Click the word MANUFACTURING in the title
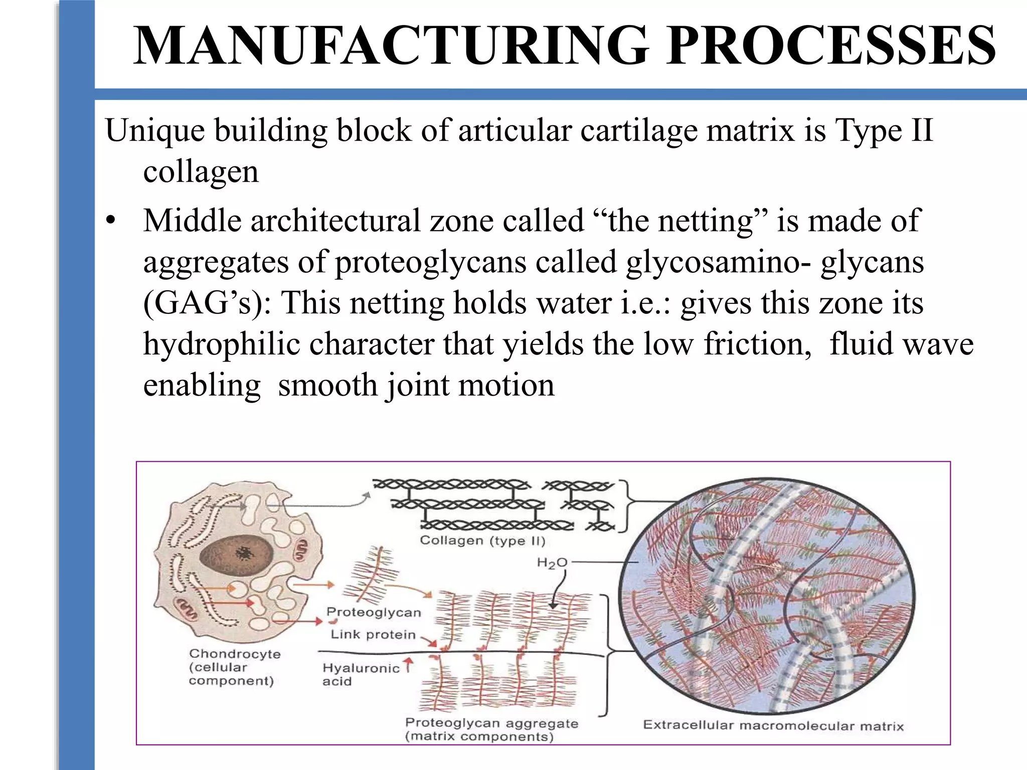pyautogui.click(x=391, y=46)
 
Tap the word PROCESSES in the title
pyautogui.click(x=830, y=46)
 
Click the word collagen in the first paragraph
pyautogui.click(x=201, y=172)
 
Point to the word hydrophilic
pyautogui.click(x=221, y=344)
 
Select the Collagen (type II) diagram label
pyautogui.click(x=482, y=540)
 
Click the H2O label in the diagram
pyautogui.click(x=552, y=563)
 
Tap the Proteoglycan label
pyautogui.click(x=374, y=612)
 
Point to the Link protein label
pyautogui.click(x=373, y=635)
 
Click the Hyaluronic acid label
pyautogui.click(x=360, y=674)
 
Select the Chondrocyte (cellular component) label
pyautogui.click(x=234, y=667)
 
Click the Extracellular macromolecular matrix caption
pyautogui.click(x=773, y=725)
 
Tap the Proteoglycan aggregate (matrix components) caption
pyautogui.click(x=491, y=729)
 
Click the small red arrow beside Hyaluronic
pyautogui.click(x=409, y=665)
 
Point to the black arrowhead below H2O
pyautogui.click(x=553, y=606)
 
